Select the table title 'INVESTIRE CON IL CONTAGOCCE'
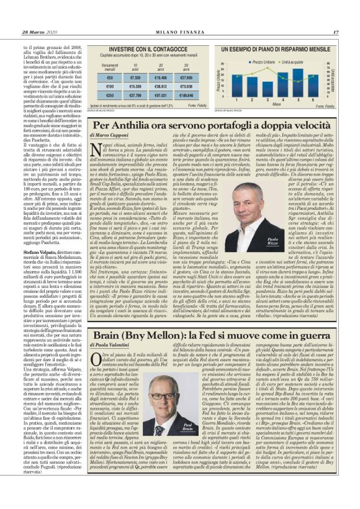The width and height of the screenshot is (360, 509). pos(148,47)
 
